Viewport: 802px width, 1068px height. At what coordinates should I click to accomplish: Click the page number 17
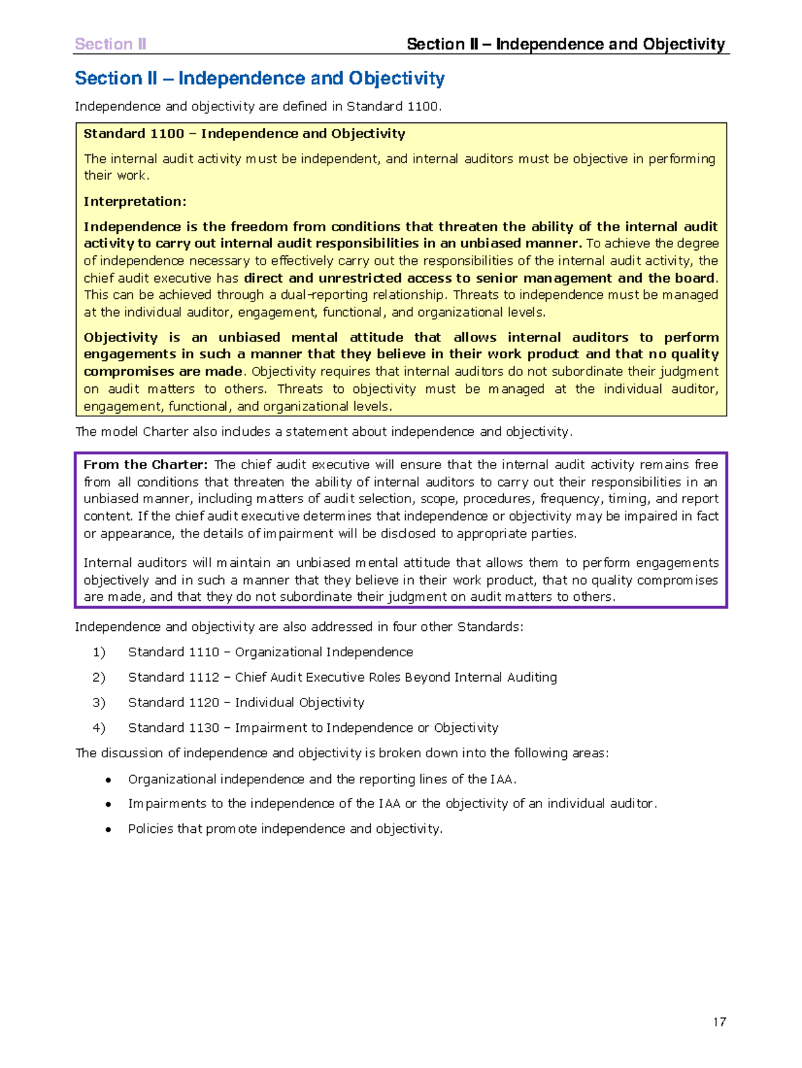[x=719, y=1021]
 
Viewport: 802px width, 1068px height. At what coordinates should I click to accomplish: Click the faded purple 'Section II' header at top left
[x=110, y=44]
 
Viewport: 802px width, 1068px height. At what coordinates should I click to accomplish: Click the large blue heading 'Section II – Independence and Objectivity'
[x=259, y=78]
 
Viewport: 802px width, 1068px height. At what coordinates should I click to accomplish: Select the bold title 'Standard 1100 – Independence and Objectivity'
[x=244, y=134]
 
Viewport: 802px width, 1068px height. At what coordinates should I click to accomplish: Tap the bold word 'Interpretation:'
[x=134, y=201]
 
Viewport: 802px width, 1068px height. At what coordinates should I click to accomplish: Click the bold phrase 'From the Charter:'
[x=146, y=464]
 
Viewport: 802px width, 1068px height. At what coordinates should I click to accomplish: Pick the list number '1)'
[x=99, y=652]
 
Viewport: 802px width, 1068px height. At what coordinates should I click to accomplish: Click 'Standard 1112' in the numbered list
[x=173, y=677]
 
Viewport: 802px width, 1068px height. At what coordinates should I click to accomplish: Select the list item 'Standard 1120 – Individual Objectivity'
[x=246, y=702]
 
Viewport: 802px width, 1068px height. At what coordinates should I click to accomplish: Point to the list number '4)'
[x=99, y=728]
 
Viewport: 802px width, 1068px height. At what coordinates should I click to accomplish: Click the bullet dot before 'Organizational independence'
[x=108, y=780]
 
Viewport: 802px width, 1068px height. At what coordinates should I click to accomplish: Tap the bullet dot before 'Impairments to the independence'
[x=108, y=805]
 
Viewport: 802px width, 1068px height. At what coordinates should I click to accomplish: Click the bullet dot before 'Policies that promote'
[x=108, y=829]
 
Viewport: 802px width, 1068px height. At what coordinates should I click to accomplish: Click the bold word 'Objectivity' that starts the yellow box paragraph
[x=120, y=338]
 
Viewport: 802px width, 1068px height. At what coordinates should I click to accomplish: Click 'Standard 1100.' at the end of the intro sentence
[x=394, y=106]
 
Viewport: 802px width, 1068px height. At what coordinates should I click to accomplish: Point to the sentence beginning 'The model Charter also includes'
[x=323, y=432]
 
